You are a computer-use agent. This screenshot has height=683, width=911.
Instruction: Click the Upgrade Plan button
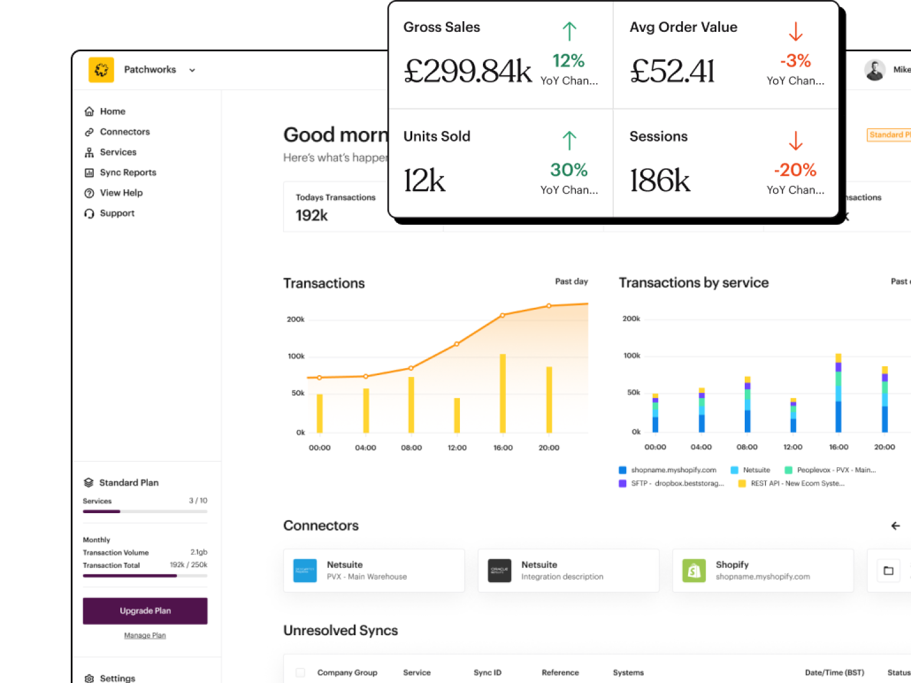pyautogui.click(x=145, y=610)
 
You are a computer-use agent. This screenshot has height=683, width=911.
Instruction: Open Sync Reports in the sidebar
pyautogui.click(x=127, y=172)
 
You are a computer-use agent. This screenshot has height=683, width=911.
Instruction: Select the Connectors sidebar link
pyautogui.click(x=124, y=132)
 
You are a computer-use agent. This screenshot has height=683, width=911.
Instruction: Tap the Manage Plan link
pyautogui.click(x=145, y=635)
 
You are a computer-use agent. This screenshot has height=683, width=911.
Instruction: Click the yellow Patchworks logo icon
pyautogui.click(x=101, y=70)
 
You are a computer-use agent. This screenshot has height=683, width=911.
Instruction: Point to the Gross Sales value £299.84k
pyautogui.click(x=468, y=71)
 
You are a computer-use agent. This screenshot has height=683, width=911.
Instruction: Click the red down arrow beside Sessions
pyautogui.click(x=795, y=141)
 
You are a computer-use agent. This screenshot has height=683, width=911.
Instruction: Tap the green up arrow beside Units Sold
pyautogui.click(x=569, y=140)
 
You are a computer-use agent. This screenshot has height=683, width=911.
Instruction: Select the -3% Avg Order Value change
pyautogui.click(x=795, y=61)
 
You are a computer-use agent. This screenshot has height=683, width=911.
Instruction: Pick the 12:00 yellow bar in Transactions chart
pyautogui.click(x=457, y=415)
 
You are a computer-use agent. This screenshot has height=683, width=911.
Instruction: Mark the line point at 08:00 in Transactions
pyautogui.click(x=411, y=368)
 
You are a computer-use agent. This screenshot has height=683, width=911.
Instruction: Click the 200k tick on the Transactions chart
pyautogui.click(x=295, y=319)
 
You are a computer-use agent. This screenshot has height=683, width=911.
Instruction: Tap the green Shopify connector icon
pyautogui.click(x=694, y=570)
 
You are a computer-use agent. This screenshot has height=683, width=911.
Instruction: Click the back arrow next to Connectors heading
pyautogui.click(x=896, y=526)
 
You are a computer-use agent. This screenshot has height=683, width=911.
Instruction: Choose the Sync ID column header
pyautogui.click(x=487, y=672)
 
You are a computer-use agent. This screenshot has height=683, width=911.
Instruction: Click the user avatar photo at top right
pyautogui.click(x=875, y=70)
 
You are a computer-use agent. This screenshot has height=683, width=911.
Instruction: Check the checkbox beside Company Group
pyautogui.click(x=301, y=672)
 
